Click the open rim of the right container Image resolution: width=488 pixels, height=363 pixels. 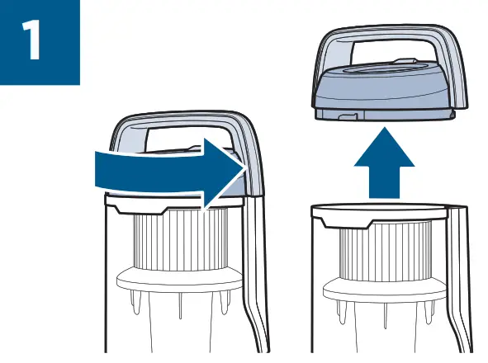click(380, 210)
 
